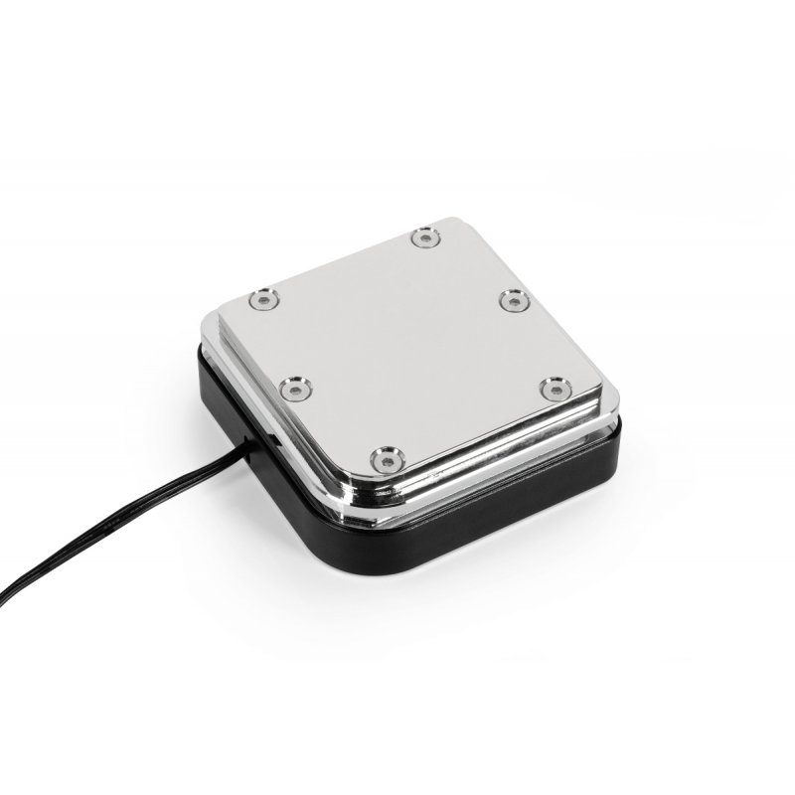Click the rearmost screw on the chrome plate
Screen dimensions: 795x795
tap(425, 237)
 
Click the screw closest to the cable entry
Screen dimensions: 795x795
tap(292, 388)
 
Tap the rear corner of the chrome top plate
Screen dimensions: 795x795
tap(438, 220)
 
